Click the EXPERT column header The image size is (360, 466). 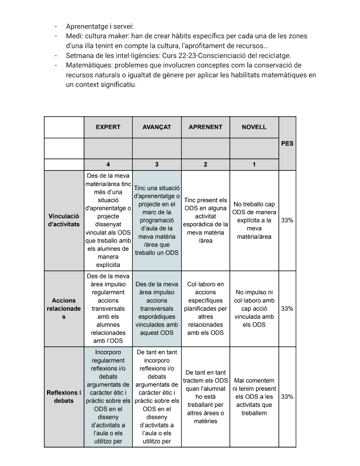pyautogui.click(x=108, y=127)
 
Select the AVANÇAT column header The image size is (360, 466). pyautogui.click(x=157, y=127)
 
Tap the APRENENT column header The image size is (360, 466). pyautogui.click(x=205, y=127)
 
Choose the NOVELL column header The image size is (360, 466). pyautogui.click(x=254, y=127)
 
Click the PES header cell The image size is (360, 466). pyautogui.click(x=287, y=143)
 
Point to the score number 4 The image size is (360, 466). pyautogui.click(x=108, y=165)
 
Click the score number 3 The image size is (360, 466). pyautogui.click(x=157, y=165)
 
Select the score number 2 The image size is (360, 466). pyautogui.click(x=205, y=165)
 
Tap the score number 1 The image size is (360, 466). pyautogui.click(x=254, y=165)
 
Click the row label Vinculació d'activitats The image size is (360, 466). pyautogui.click(x=64, y=220)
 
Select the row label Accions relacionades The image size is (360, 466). pyautogui.click(x=64, y=308)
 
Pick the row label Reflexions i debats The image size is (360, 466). pyautogui.click(x=64, y=397)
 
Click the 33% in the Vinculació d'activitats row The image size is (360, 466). pyautogui.click(x=287, y=220)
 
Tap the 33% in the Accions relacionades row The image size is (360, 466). pyautogui.click(x=287, y=308)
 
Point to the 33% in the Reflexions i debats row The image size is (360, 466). pyautogui.click(x=287, y=397)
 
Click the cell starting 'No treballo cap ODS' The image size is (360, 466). pyautogui.click(x=254, y=220)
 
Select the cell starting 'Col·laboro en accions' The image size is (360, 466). pyautogui.click(x=205, y=308)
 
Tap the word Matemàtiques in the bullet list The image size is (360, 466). pyautogui.click(x=88, y=65)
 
